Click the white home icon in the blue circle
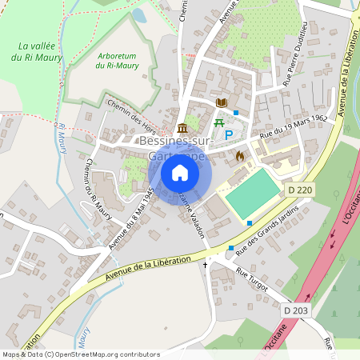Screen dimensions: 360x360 pos(180,173)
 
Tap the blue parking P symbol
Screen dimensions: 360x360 pos(229,135)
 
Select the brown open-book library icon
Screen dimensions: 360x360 pos(222,103)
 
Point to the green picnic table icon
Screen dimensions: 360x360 pos(218,122)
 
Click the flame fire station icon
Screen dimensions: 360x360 pos(239,157)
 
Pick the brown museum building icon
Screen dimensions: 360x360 pos(183,128)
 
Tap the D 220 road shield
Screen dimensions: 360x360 pos(295,190)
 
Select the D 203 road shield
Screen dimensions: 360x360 pos(295,309)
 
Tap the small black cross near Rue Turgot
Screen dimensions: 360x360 pos(205,264)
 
